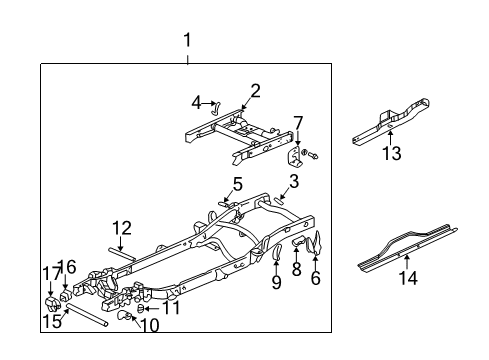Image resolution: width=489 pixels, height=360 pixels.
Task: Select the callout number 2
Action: tap(255, 91)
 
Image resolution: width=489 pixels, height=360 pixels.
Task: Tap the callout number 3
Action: tap(294, 180)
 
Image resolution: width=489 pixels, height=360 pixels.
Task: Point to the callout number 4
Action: tap(196, 101)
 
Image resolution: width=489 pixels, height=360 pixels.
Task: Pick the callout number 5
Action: tap(238, 183)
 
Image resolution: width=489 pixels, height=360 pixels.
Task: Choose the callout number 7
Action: tap(297, 123)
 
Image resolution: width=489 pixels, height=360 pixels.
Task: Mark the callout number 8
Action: tap(297, 269)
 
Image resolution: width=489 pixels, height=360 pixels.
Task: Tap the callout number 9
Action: tap(275, 282)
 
